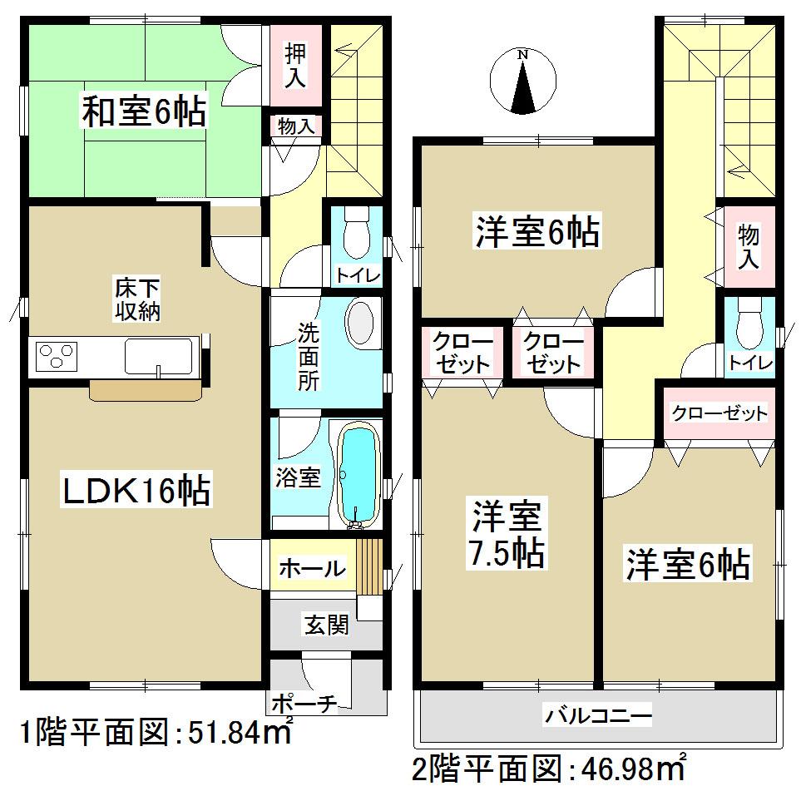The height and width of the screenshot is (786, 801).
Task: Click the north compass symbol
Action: click(x=522, y=82)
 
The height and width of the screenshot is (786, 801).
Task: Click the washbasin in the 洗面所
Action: click(x=361, y=325)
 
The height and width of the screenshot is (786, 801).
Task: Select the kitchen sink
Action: click(x=159, y=357)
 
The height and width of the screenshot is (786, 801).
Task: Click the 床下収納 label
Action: click(x=137, y=300)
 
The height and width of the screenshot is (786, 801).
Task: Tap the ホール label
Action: click(x=311, y=569)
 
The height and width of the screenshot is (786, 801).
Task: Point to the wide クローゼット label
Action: click(x=719, y=413)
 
